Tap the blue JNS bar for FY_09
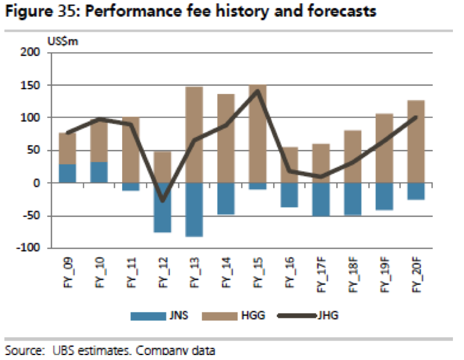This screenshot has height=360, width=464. pos(68,174)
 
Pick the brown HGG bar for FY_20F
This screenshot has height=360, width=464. pos(415,141)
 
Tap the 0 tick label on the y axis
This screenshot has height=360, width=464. pos(37,183)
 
